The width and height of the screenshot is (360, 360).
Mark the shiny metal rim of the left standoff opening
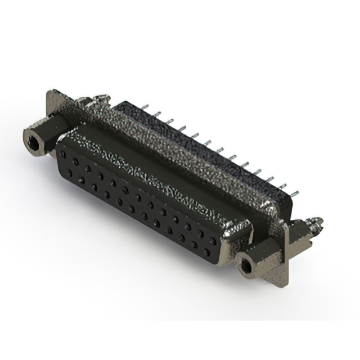(x=26, y=137)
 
